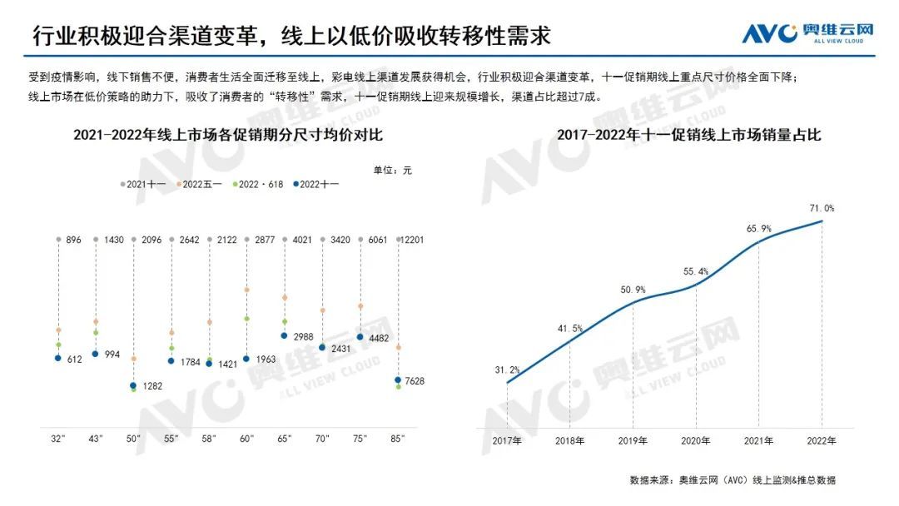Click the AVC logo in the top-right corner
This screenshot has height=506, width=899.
coord(807,32)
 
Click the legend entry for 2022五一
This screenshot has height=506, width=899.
coord(201,183)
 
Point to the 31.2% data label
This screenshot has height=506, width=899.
coord(507,370)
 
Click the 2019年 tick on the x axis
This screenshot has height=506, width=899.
coord(633,440)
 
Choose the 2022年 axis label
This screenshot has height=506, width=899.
coord(822,440)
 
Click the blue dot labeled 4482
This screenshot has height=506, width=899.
coord(360,337)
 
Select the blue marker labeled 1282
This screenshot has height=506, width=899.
coord(134,385)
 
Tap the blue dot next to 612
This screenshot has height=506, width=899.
coord(58,358)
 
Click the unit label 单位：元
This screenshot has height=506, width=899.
coord(392,170)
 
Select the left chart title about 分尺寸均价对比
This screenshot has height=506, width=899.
coord(227,135)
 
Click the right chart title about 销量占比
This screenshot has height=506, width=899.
coord(688,135)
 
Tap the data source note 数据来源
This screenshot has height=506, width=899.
coord(733,480)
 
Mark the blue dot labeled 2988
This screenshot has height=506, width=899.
coord(285,335)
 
